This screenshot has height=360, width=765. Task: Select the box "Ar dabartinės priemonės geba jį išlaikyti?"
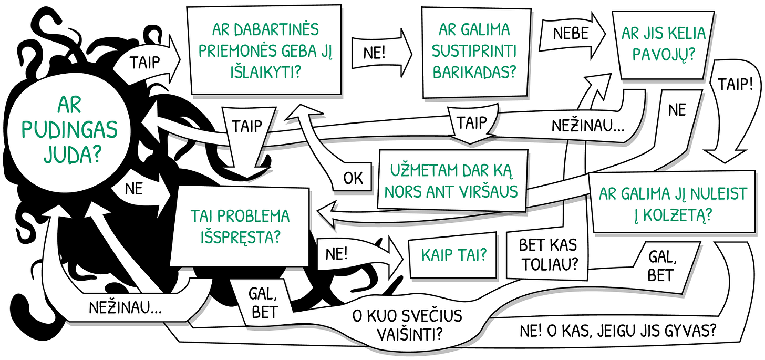coord(265,50)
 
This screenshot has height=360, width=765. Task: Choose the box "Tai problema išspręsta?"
coord(240,226)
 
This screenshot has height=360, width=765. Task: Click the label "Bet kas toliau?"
coord(548,253)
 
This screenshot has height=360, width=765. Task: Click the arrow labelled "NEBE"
coord(571,34)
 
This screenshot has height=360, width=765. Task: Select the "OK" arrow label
coord(353,178)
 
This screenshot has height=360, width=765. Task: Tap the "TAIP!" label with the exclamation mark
coord(735,85)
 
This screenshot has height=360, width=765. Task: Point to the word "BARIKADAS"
coord(474,72)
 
